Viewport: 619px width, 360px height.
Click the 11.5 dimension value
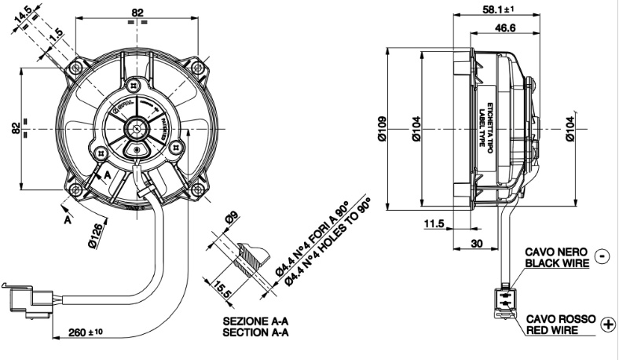[434, 224]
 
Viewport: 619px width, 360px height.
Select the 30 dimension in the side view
[477, 243]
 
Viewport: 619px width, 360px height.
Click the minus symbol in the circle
[603, 255]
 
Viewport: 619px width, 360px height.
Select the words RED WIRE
[552, 330]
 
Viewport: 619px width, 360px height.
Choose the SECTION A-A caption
[256, 332]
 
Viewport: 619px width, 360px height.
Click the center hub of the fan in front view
[138, 126]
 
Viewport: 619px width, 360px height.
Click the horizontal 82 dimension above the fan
[137, 13]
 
